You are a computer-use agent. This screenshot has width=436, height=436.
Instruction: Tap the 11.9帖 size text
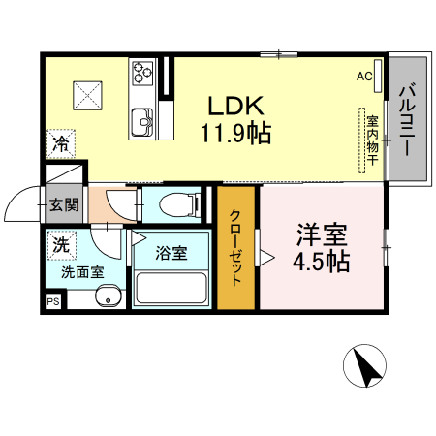[236, 131]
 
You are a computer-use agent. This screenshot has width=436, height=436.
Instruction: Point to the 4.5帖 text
[323, 261]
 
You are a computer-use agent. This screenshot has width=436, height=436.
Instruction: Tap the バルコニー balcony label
[407, 122]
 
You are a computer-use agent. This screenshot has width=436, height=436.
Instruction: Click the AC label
[364, 76]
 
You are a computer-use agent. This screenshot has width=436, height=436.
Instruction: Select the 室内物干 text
[371, 143]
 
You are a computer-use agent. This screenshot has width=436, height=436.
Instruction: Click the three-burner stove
[143, 72]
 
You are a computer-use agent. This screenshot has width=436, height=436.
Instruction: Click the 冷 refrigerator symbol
[60, 145]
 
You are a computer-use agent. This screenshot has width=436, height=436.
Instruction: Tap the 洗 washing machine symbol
[60, 245]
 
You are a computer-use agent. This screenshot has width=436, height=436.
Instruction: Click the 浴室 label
[172, 254]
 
